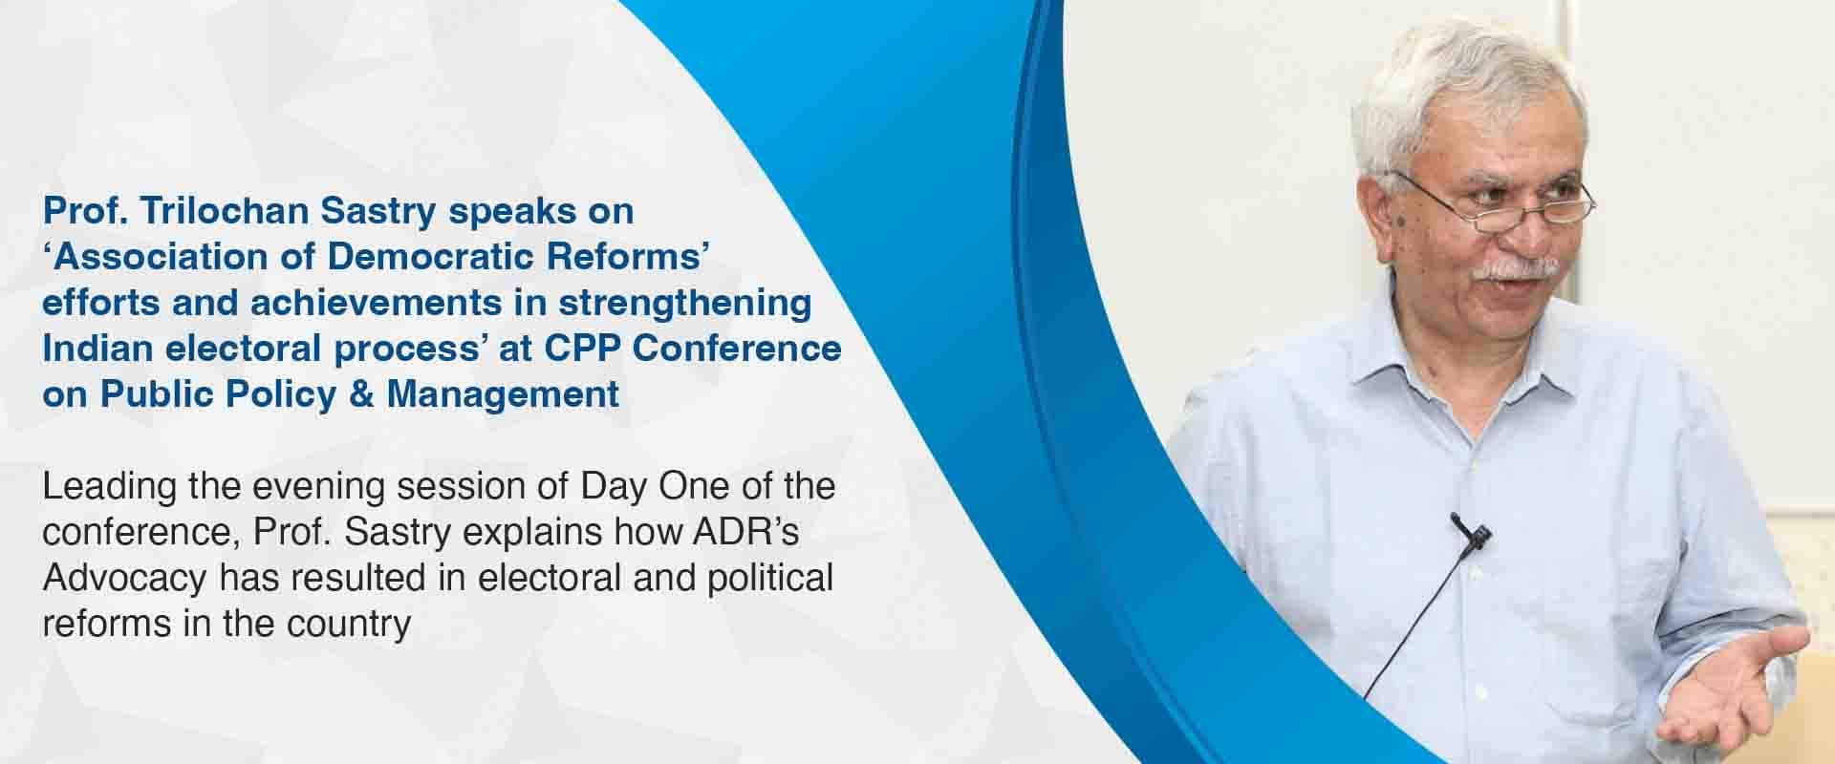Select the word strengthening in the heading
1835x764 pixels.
click(x=685, y=304)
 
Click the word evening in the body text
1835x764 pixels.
click(x=318, y=487)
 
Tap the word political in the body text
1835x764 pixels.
click(x=770, y=578)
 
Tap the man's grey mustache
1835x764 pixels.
click(x=1518, y=269)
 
